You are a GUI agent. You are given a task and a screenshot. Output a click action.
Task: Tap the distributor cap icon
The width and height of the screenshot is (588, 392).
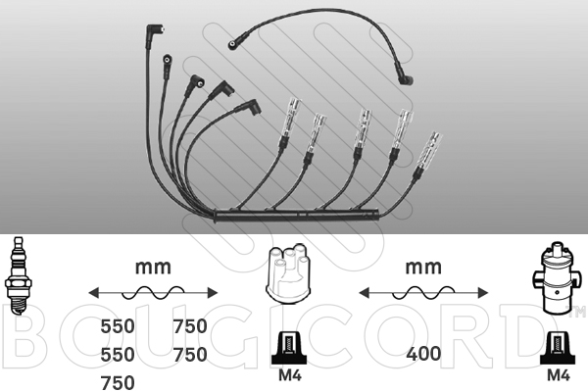click(288, 272)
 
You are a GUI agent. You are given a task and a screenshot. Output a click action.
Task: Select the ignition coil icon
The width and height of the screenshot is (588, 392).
click(555, 278)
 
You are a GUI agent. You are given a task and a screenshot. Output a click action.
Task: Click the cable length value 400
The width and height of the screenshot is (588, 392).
click(423, 354)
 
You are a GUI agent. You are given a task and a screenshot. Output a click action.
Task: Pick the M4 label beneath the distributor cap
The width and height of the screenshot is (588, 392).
click(290, 375)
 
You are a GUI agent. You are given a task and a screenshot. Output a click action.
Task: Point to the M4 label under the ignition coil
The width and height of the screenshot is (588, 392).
click(559, 375)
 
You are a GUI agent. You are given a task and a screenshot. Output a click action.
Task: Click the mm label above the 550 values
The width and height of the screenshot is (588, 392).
click(153, 268)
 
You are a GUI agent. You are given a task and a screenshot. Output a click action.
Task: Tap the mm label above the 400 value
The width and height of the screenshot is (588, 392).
click(423, 268)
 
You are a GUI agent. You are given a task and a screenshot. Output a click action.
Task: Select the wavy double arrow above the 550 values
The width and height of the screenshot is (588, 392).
click(153, 293)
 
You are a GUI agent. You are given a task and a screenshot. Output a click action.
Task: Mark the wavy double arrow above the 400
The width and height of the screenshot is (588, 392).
click(423, 293)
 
